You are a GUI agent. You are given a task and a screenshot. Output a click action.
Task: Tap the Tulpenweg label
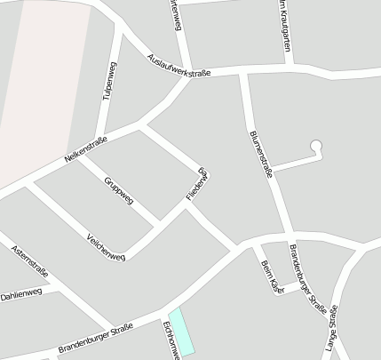click(110, 84)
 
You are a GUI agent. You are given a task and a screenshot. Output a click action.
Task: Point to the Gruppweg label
click(118, 190)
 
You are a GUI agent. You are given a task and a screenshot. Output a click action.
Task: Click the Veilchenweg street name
click(107, 245)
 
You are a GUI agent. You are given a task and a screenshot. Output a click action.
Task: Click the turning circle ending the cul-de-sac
click(314, 146)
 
